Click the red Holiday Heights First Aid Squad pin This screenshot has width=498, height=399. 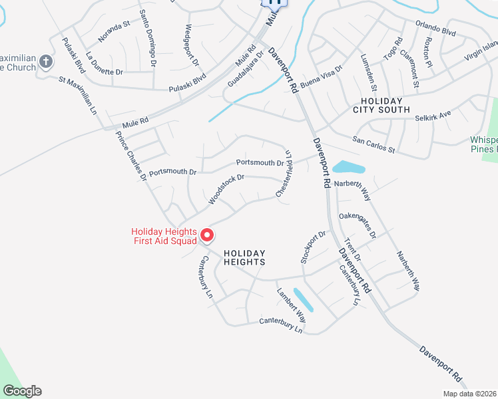[x=206, y=235]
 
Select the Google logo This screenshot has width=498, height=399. [x=22, y=391]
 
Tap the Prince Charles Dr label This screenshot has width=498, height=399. [x=130, y=156]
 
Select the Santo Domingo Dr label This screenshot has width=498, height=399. [x=148, y=39]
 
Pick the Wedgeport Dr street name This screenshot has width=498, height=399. [x=192, y=45]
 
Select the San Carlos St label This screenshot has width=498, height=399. [x=374, y=144]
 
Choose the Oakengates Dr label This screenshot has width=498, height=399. [x=358, y=225]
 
